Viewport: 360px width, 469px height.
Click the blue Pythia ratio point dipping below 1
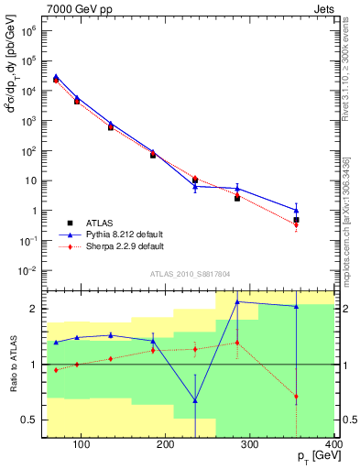click(x=195, y=400)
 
